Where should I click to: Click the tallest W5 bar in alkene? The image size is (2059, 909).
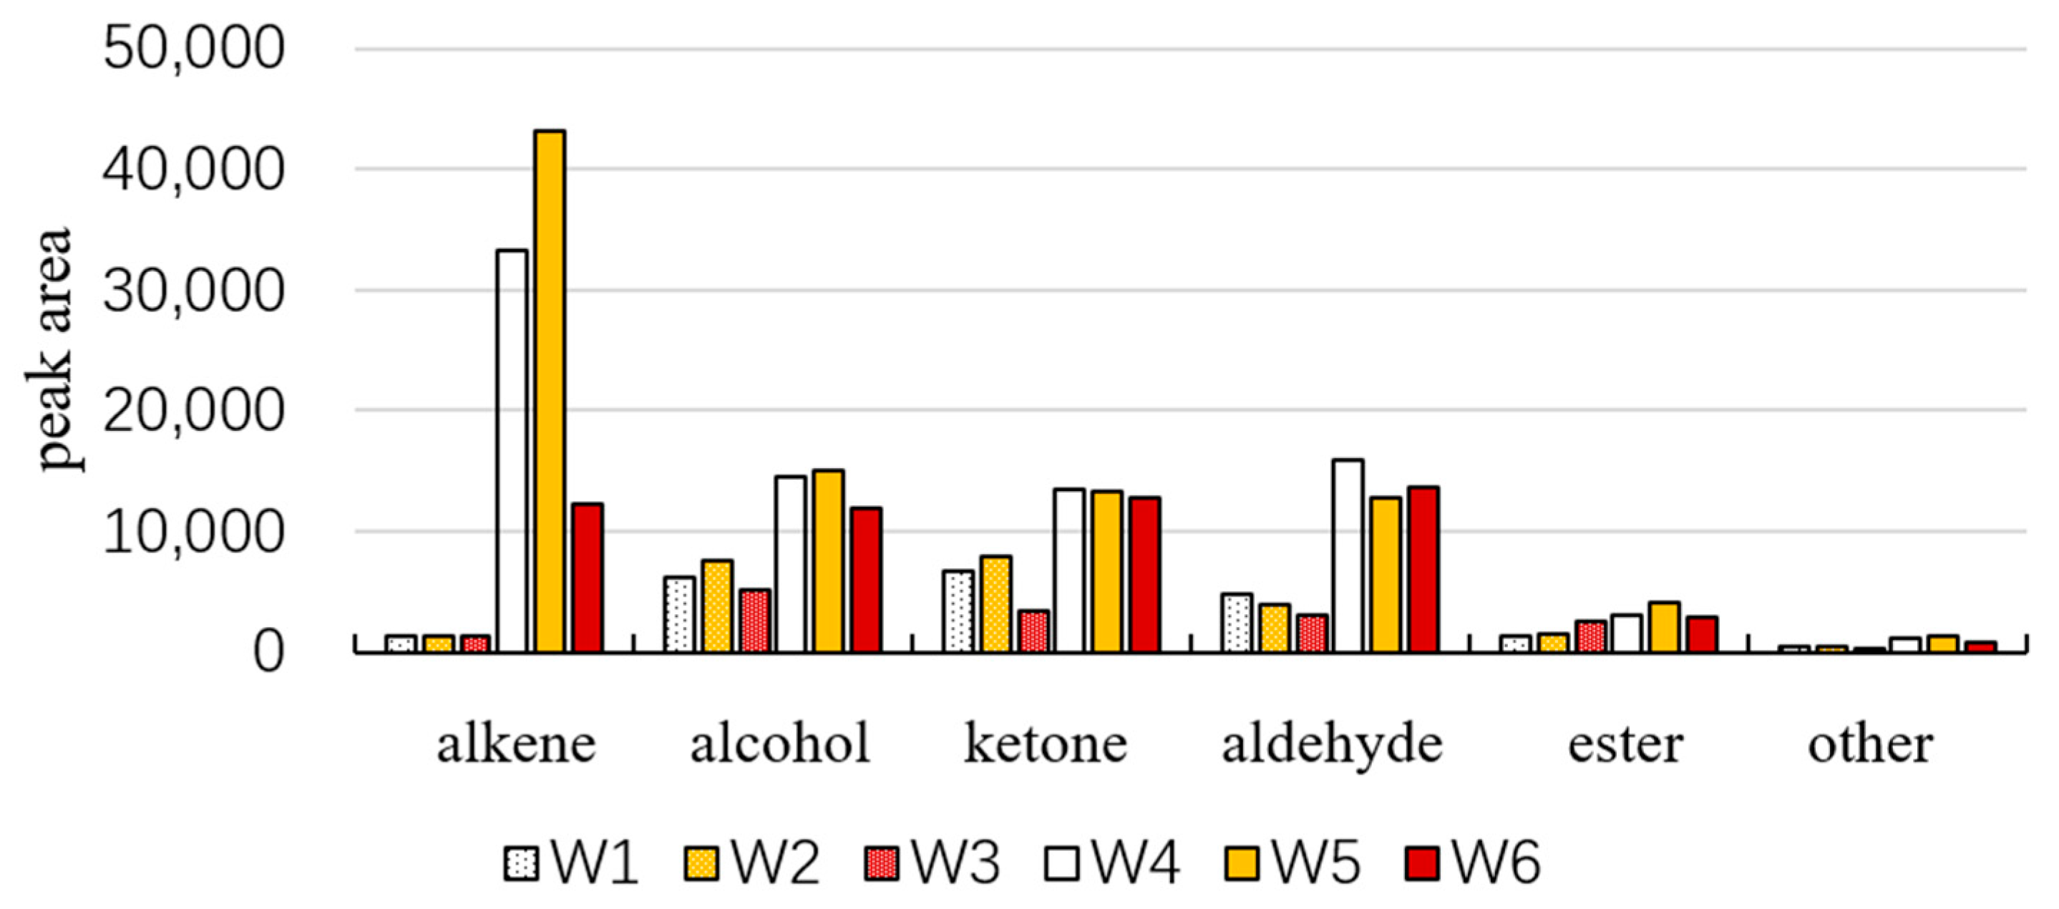pyautogui.click(x=550, y=392)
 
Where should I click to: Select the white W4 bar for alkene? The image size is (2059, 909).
pyautogui.click(x=512, y=452)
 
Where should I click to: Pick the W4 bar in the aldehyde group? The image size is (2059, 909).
pyautogui.click(x=1348, y=555)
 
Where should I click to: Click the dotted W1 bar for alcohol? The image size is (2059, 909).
pyautogui.click(x=678, y=614)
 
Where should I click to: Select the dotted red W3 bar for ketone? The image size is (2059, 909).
pyautogui.click(x=1033, y=631)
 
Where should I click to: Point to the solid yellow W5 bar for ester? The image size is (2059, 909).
pyautogui.click(x=1664, y=628)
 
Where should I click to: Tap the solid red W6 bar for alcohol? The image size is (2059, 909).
pyautogui.click(x=867, y=580)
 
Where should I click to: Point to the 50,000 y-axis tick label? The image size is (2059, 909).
pyautogui.click(x=193, y=48)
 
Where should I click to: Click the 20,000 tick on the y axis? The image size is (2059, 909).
pyautogui.click(x=193, y=410)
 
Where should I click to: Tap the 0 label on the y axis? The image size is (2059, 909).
pyautogui.click(x=268, y=651)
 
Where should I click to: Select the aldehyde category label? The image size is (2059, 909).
pyautogui.click(x=1332, y=744)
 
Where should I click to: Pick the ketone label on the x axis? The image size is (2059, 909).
pyautogui.click(x=1045, y=744)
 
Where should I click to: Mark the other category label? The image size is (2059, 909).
pyautogui.click(x=1870, y=744)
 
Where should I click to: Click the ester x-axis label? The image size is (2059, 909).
pyautogui.click(x=1625, y=744)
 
